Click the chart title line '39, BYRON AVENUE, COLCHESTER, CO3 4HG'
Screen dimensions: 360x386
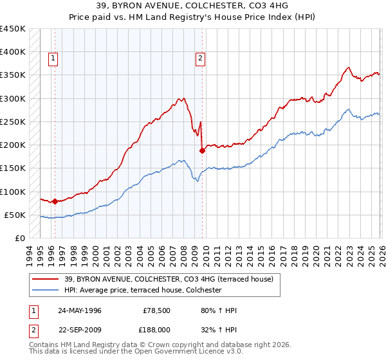pos(193,6)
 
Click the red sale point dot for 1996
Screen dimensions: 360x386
pos(55,201)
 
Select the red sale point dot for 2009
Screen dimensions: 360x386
pos(202,150)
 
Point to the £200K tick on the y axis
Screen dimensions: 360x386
pos(14,145)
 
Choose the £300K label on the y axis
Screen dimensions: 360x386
pos(14,98)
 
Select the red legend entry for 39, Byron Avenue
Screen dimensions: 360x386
pos(169,279)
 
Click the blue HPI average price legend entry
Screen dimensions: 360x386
pos(143,290)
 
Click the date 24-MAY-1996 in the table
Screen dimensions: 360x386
pos(80,310)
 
